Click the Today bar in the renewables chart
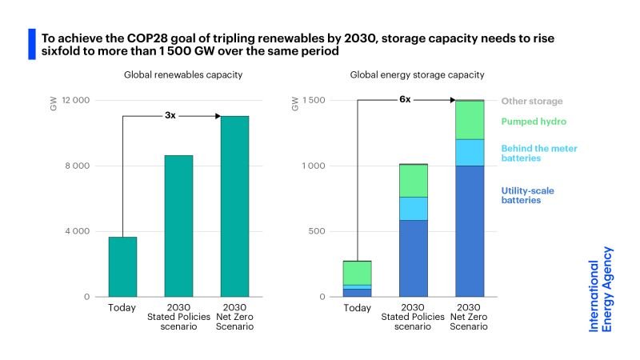pyautogui.click(x=122, y=266)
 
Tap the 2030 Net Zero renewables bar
pyautogui.click(x=234, y=206)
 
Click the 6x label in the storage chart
pyautogui.click(x=405, y=100)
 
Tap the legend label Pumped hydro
pyautogui.click(x=534, y=122)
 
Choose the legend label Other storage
pyautogui.click(x=532, y=102)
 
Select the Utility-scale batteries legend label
pyautogui.click(x=528, y=195)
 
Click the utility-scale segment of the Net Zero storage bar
pyautogui.click(x=470, y=230)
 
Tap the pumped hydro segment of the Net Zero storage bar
pyautogui.click(x=470, y=120)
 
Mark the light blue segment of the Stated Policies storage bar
pyautogui.click(x=414, y=208)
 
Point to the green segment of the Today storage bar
pyautogui.click(x=358, y=273)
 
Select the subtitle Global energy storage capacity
pyautogui.click(x=417, y=74)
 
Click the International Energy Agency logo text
pyautogui.click(x=601, y=295)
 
